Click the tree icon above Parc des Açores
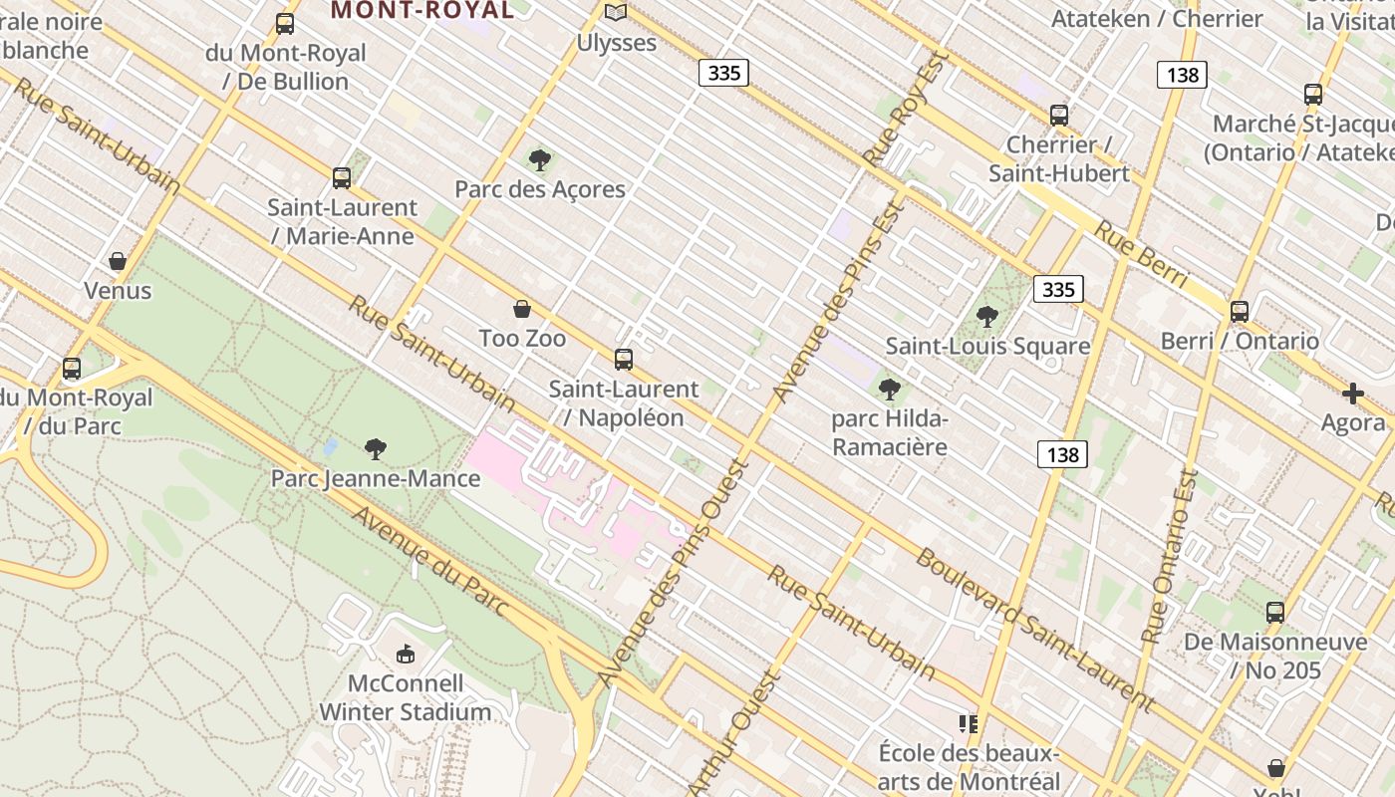539,159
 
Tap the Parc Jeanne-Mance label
376,479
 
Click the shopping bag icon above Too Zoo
521,309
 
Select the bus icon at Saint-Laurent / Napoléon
624,360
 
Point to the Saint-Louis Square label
987,347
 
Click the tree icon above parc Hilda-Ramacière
890,390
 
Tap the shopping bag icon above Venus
118,261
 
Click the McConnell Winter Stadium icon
405,655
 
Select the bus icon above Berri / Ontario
1239,312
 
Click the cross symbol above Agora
1352,394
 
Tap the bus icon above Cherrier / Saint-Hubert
1058,116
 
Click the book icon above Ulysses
616,13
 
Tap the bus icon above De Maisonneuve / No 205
1274,613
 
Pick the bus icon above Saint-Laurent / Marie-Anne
341,178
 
